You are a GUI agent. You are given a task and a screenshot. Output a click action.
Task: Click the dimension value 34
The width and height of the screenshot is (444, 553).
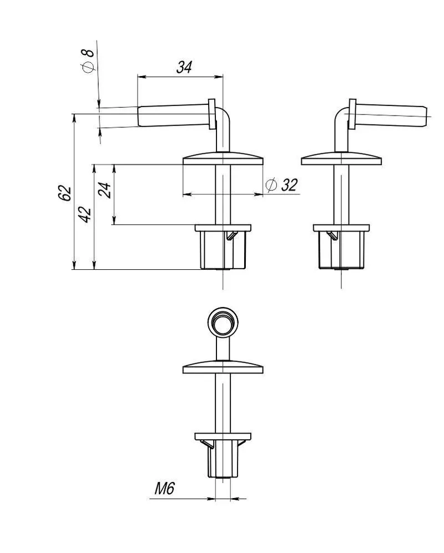pyautogui.click(x=184, y=67)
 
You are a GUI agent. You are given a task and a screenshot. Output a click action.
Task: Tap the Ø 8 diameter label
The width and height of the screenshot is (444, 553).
pyautogui.click(x=88, y=61)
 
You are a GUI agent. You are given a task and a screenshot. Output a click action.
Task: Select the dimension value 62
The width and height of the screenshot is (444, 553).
pyautogui.click(x=65, y=193)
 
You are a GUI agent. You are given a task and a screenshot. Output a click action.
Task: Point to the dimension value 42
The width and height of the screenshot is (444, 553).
pyautogui.click(x=85, y=214)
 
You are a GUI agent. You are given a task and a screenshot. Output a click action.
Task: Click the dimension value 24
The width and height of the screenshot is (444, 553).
pyautogui.click(x=105, y=190)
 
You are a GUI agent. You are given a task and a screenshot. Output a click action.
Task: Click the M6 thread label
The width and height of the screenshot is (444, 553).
pyautogui.click(x=165, y=489)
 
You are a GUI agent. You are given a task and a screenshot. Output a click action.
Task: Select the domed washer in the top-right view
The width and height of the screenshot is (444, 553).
pyautogui.click(x=341, y=159)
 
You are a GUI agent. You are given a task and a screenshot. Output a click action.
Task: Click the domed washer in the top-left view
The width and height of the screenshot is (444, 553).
pyautogui.click(x=223, y=159)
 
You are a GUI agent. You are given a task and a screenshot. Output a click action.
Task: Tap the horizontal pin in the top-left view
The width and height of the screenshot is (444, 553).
pyautogui.click(x=173, y=115)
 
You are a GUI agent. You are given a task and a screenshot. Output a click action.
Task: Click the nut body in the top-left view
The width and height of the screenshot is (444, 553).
pyautogui.click(x=223, y=250)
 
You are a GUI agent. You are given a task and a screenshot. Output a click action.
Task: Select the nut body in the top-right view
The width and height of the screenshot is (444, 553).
pyautogui.click(x=341, y=250)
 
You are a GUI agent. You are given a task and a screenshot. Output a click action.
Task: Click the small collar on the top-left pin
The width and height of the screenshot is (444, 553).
pyautogui.click(x=211, y=114)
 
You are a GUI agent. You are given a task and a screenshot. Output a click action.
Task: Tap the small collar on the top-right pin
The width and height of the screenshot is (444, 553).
pyautogui.click(x=352, y=114)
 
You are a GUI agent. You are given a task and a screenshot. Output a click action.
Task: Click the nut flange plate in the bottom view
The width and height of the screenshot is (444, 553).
pyautogui.click(x=223, y=436)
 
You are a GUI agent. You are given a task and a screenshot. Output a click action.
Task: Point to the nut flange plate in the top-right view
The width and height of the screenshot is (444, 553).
pyautogui.click(x=341, y=228)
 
